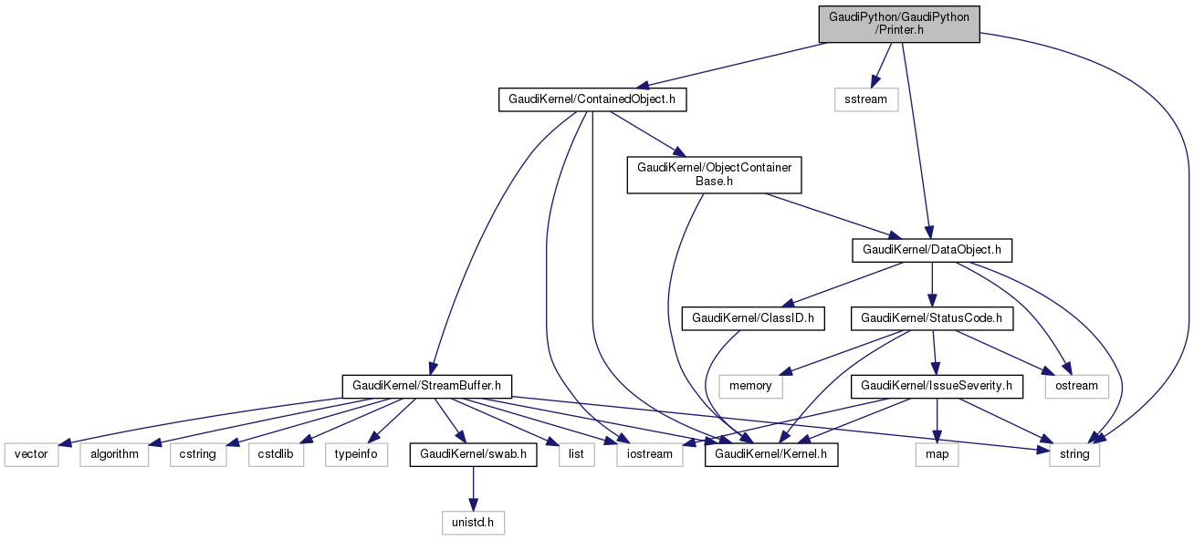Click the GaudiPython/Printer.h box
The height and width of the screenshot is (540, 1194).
coord(899,24)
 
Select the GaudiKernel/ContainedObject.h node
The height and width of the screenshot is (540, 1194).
coord(592,99)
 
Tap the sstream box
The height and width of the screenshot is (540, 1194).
coord(865,99)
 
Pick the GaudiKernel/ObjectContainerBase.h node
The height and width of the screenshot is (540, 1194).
coord(714,174)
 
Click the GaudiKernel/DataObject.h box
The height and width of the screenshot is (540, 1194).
coord(931,248)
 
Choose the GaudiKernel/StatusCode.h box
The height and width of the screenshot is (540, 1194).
coord(931,318)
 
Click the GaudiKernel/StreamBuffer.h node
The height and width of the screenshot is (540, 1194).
coord(426,387)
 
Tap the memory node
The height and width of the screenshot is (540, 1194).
coord(750,387)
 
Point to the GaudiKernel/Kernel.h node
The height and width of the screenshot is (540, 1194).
coord(771,453)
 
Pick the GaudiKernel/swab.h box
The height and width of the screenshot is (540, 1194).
coord(474,453)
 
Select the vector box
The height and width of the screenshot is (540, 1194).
coord(31,453)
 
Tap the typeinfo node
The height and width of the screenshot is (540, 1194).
coord(356,453)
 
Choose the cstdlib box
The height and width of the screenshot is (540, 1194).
coord(275,453)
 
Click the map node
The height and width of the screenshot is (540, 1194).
coord(937,453)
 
